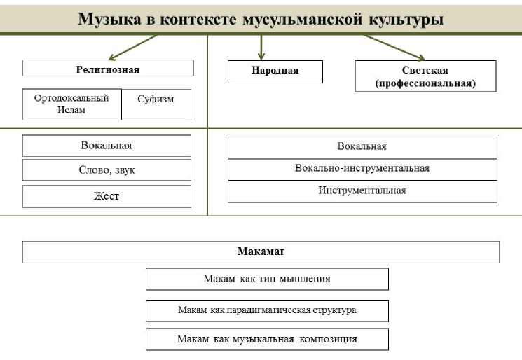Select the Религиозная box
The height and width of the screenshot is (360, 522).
(x=108, y=69)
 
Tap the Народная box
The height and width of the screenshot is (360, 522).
(x=275, y=71)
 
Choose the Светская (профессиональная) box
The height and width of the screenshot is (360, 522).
(x=425, y=76)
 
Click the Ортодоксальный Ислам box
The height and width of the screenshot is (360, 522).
(x=71, y=104)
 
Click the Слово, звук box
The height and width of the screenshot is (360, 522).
(x=107, y=170)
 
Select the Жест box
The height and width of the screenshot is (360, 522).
(x=107, y=196)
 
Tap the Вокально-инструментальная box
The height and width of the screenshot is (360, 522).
(x=362, y=169)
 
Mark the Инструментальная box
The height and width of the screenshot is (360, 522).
(x=362, y=191)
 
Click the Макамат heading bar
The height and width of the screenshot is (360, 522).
(x=261, y=251)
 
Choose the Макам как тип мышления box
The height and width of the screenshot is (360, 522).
(x=267, y=279)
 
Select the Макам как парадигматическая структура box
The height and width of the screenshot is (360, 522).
(x=267, y=310)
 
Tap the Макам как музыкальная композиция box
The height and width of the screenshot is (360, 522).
(x=267, y=339)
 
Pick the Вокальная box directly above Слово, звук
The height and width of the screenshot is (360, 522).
(x=107, y=146)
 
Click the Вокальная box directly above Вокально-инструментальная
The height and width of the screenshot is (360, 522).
(x=362, y=147)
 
